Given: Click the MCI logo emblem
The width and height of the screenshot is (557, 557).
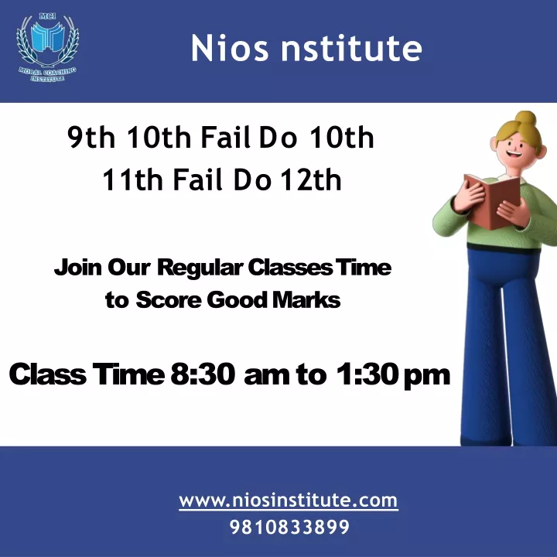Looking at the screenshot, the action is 47,47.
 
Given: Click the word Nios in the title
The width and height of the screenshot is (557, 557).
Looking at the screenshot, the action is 230,48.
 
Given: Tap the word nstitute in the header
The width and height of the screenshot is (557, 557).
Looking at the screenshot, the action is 352,48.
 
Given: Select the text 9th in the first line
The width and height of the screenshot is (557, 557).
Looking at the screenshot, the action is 91,137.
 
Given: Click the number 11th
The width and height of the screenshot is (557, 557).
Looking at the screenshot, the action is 132,179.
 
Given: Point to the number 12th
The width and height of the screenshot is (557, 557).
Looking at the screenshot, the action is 311,179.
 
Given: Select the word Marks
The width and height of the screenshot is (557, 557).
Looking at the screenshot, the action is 306,300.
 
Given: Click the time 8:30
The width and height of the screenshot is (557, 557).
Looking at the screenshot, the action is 203,374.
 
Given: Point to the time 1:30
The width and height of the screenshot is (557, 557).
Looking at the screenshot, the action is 366,374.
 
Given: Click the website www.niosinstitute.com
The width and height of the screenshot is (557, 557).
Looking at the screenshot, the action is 288,501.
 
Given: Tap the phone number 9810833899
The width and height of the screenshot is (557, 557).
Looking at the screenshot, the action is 289,527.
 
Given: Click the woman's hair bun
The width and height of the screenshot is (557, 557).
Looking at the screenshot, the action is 525,118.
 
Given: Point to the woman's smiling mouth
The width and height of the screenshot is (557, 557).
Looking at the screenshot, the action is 514,155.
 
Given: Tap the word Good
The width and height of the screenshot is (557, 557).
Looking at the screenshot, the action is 237,300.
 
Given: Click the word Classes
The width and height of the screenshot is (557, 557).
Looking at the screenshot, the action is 290,267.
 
